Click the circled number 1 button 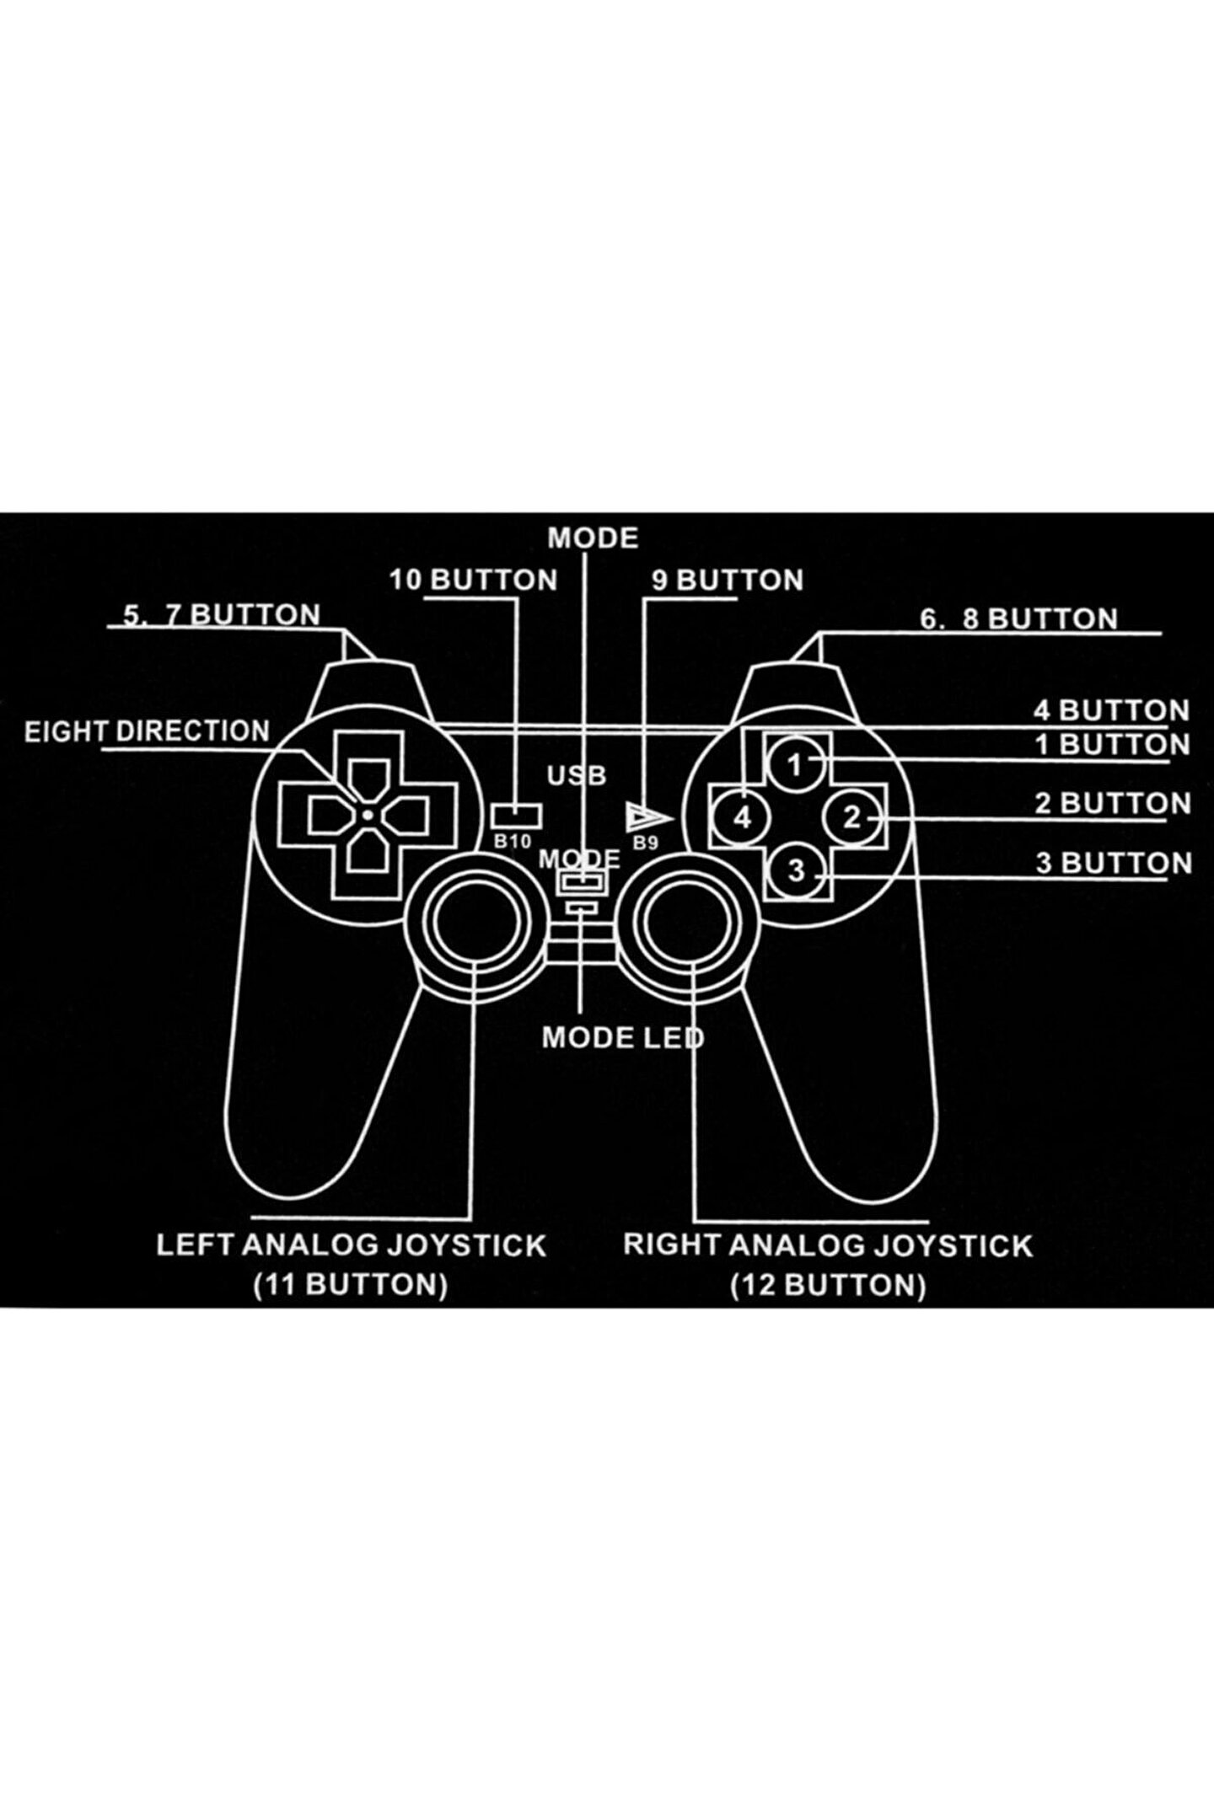794,764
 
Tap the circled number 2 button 851,817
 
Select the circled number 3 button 796,870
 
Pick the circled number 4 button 742,817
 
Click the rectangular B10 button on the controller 515,815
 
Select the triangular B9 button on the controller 647,817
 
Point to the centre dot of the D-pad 368,814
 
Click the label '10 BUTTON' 473,580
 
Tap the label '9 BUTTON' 728,580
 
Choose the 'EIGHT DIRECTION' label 147,731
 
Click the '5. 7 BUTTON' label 222,614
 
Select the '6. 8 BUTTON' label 1018,619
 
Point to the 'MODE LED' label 622,1037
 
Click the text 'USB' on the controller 577,775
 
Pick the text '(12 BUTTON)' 828,1285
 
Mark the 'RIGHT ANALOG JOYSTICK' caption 828,1245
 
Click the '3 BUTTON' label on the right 1114,863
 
